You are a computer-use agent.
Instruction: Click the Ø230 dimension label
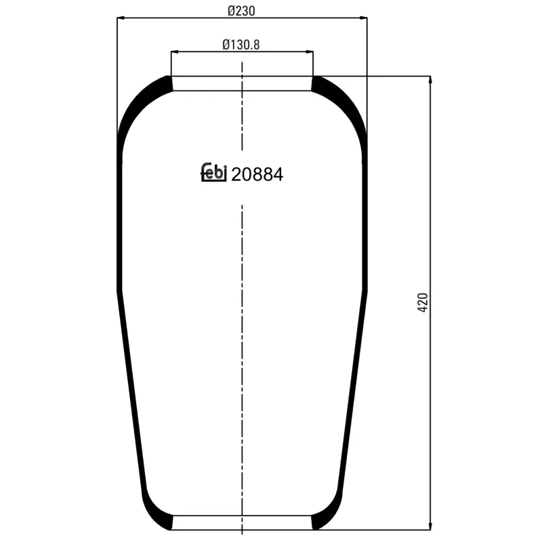(x=242, y=11)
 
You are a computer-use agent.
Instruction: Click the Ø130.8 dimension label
(x=242, y=45)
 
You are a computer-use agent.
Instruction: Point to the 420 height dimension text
(x=423, y=302)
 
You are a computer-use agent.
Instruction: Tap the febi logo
(x=213, y=173)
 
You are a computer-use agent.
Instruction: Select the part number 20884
(x=257, y=174)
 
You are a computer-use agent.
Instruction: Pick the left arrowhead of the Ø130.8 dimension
(x=174, y=51)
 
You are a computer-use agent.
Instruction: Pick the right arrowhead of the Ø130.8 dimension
(x=310, y=51)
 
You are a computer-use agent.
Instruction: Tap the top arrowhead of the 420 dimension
(x=431, y=80)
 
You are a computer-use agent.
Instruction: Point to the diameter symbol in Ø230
(x=232, y=11)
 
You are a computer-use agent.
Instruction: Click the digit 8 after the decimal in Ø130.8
(x=257, y=45)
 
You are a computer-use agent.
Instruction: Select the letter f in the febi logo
(x=205, y=173)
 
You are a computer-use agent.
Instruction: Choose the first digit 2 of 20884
(x=236, y=174)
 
